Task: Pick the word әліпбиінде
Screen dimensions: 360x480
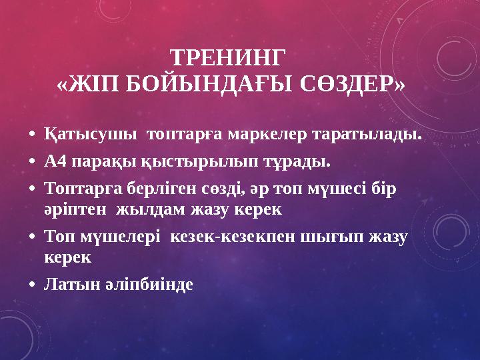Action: pyautogui.click(x=145, y=285)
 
